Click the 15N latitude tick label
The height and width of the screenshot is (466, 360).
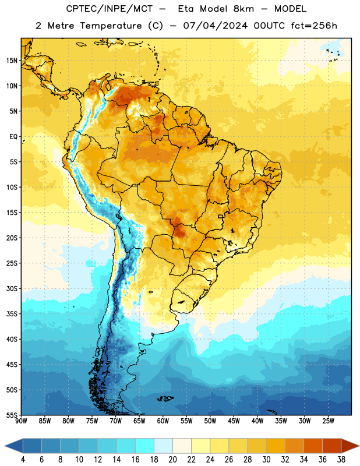point(12,61)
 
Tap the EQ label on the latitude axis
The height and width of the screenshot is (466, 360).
point(13,137)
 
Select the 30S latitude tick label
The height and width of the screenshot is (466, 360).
point(12,288)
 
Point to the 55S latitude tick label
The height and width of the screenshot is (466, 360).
point(12,415)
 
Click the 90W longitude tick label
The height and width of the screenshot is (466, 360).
point(22,421)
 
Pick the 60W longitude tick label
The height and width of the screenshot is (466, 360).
point(163,421)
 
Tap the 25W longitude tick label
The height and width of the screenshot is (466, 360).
point(328,421)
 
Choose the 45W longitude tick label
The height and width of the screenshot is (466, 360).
point(234,421)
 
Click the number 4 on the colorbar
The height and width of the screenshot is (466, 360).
point(23,460)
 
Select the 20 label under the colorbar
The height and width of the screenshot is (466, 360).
point(172,460)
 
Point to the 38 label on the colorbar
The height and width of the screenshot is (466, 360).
point(341,460)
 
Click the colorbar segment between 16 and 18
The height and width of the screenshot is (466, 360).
point(145,446)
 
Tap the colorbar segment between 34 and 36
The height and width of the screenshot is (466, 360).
point(313,446)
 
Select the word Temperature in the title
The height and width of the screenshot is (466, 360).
point(111,26)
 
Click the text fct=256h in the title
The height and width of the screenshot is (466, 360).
point(314,26)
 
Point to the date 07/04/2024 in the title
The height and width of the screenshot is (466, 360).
point(216,26)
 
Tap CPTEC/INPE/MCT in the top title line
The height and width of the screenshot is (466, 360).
point(110,9)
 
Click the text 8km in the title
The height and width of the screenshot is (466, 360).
point(243,9)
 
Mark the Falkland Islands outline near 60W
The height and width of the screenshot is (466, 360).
point(165,398)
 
